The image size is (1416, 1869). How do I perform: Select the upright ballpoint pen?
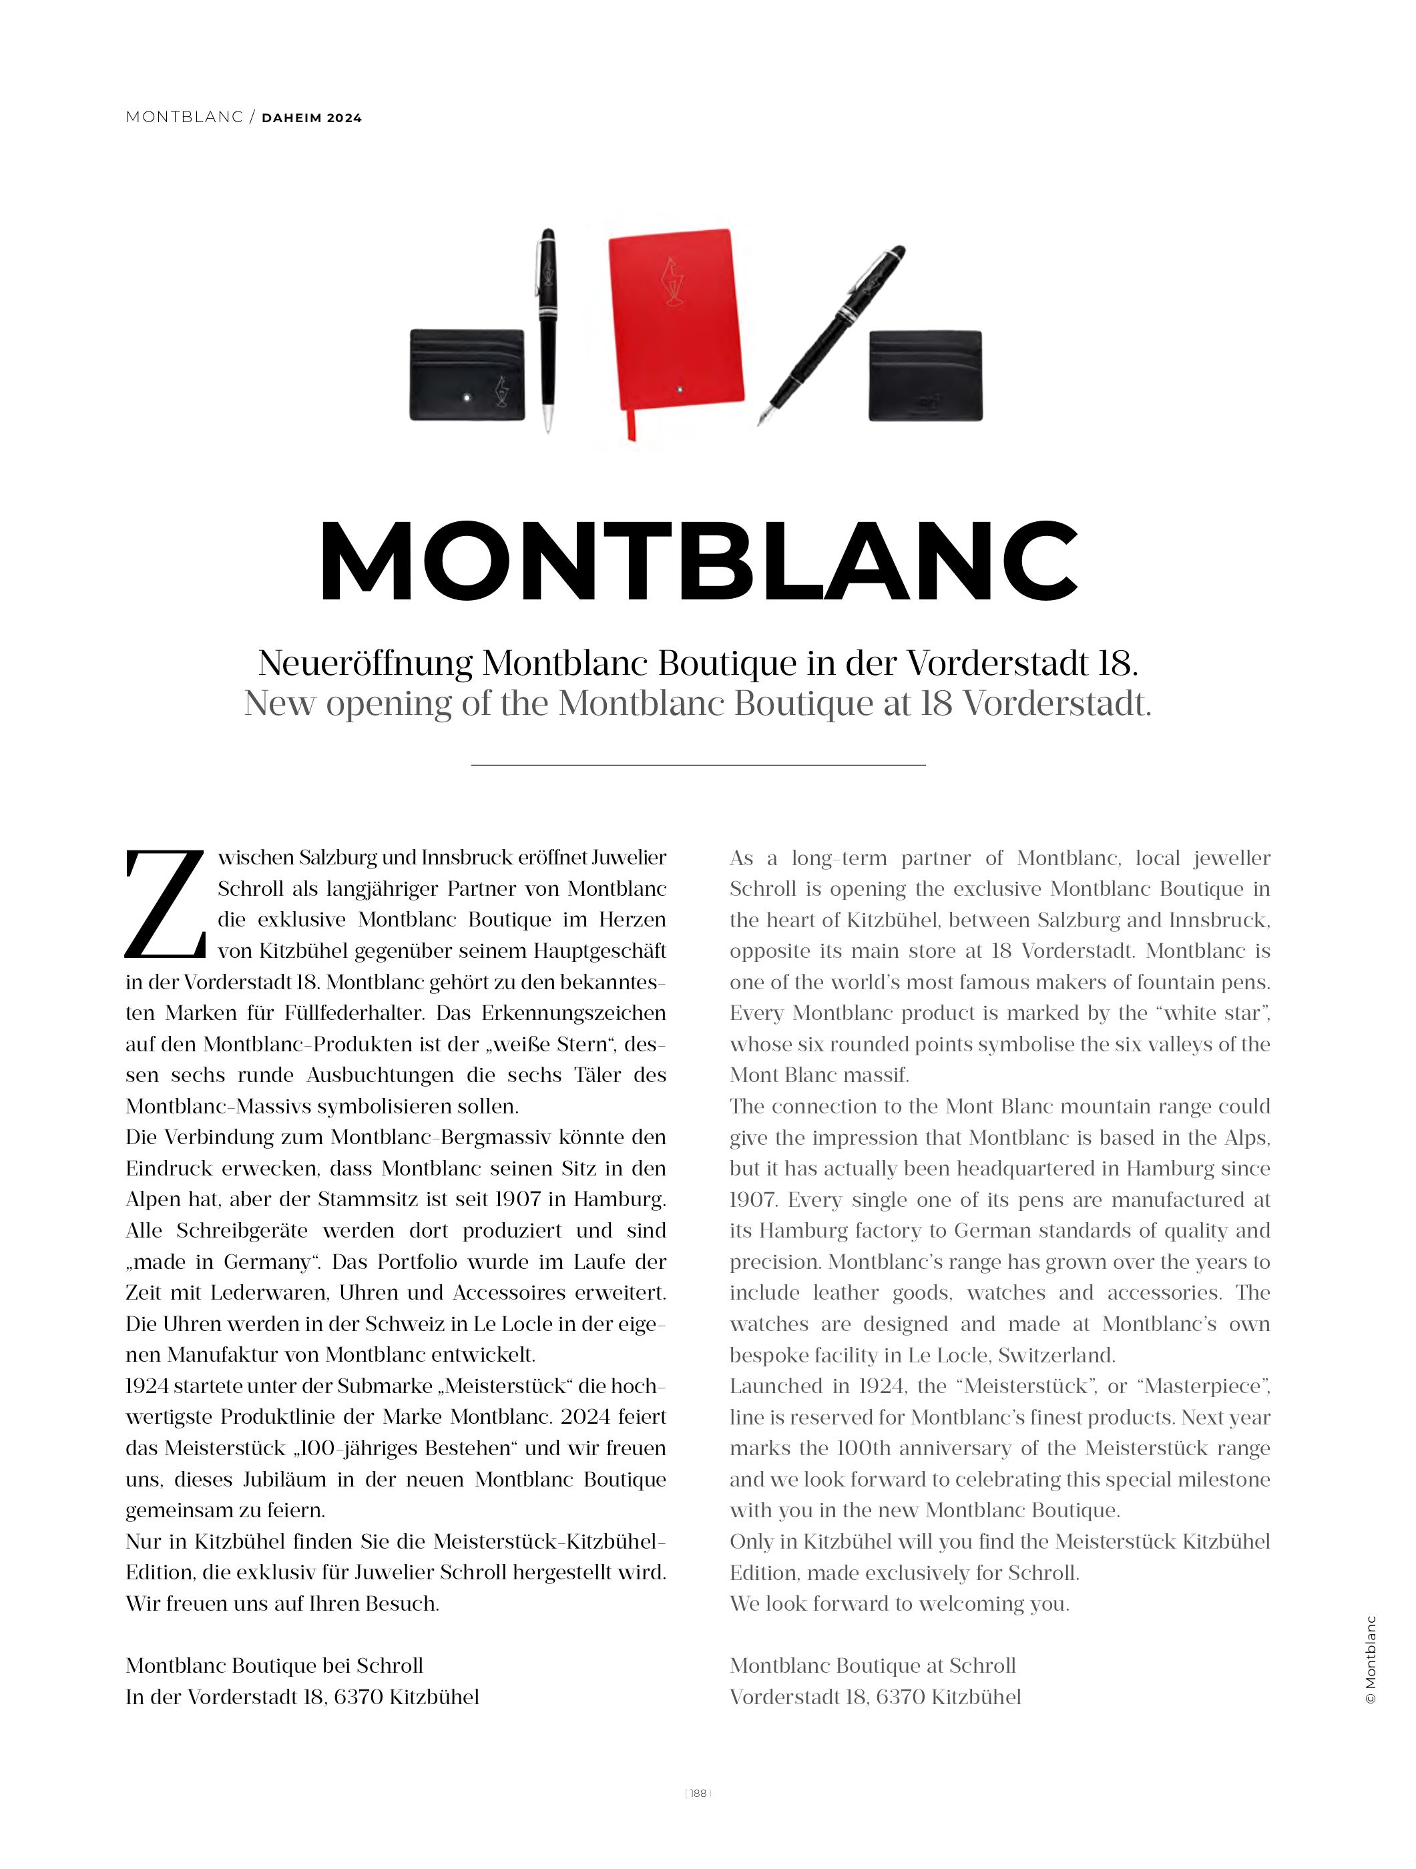pyautogui.click(x=547, y=330)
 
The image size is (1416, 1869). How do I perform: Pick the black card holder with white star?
pyautogui.click(x=467, y=374)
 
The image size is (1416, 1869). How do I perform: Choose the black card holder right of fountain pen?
pyautogui.click(x=925, y=374)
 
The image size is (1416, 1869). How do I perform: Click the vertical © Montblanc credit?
pyautogui.click(x=1371, y=1660)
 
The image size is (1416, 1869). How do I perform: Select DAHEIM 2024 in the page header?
pyautogui.click(x=312, y=118)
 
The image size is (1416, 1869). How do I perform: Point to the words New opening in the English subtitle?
pyautogui.click(x=347, y=703)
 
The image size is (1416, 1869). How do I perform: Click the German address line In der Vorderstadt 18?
pyautogui.click(x=302, y=1697)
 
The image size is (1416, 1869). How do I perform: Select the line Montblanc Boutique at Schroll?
pyautogui.click(x=873, y=1665)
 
